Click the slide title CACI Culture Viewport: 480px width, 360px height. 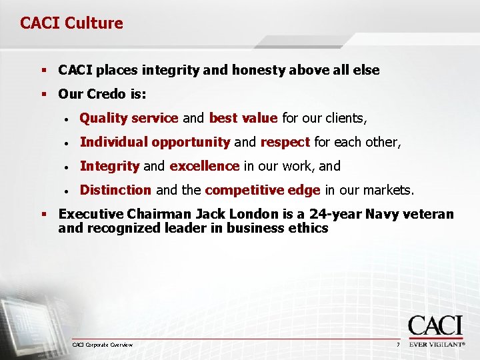(71, 23)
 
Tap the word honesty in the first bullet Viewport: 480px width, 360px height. (257, 70)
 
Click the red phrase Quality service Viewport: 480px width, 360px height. (129, 119)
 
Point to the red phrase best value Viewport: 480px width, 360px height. (243, 119)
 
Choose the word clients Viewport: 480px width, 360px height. (345, 119)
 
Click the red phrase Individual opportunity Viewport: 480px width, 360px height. (155, 142)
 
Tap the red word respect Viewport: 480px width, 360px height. (285, 142)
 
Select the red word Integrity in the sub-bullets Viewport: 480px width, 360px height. (109, 166)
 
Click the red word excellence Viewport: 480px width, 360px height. (204, 166)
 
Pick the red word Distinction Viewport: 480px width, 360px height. (115, 190)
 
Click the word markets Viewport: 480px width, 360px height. (387, 190)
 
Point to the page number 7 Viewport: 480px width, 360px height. (397, 345)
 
